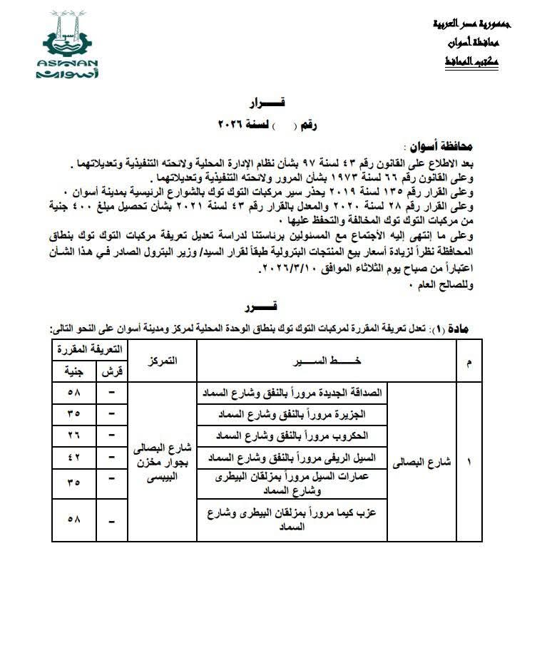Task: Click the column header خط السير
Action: [327, 361]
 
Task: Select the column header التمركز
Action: [161, 361]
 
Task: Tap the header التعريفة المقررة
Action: [90, 349]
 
